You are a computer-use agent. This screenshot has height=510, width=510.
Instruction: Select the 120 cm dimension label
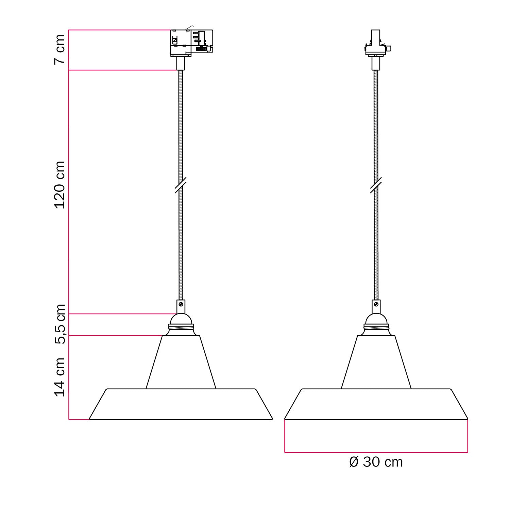(60, 185)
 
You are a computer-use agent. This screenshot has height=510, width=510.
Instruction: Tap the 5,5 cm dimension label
(61, 324)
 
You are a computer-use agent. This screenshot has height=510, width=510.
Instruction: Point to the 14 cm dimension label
(60, 377)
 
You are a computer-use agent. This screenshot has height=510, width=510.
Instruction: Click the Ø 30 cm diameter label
(376, 462)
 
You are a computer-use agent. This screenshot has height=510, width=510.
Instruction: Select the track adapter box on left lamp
(191, 43)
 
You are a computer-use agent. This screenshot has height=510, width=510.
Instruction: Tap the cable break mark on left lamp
(181, 185)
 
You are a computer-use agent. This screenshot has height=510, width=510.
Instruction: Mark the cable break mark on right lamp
(376, 185)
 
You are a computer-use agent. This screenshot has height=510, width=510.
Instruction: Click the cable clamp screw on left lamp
(181, 304)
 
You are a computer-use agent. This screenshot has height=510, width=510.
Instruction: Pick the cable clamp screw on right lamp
(376, 304)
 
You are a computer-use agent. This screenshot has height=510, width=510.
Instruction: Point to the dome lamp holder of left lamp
(181, 319)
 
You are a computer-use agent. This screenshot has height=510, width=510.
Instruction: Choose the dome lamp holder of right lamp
(376, 319)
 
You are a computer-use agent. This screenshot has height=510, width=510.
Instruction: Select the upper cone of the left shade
(181, 362)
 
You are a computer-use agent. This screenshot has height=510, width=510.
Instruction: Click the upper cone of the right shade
(376, 362)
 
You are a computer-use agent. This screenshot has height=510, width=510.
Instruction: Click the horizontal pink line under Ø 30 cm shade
(376, 453)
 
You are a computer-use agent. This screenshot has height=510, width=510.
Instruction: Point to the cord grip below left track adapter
(181, 63)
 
